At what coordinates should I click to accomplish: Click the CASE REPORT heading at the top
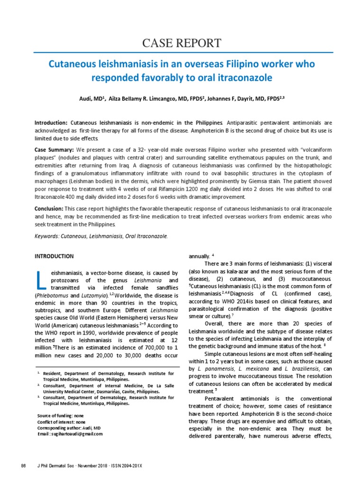182,43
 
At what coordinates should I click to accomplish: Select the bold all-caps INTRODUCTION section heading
54,256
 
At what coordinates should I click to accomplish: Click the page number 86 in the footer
23,466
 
